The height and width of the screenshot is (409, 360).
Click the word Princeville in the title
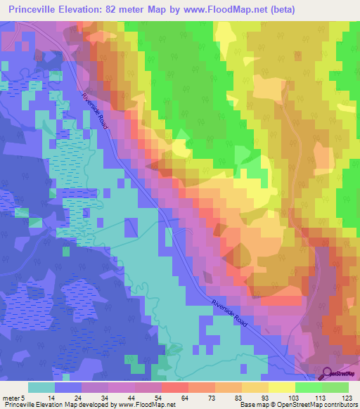pyautogui.click(x=36, y=9)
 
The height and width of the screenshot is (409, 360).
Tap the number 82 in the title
pyautogui.click(x=120, y=9)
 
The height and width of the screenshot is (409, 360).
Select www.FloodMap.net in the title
pyautogui.click(x=226, y=9)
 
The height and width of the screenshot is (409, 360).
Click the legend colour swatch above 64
pyautogui.click(x=174, y=387)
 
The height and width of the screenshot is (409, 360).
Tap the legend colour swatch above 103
pyautogui.click(x=281, y=387)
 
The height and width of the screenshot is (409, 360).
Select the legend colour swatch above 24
pyautogui.click(x=68, y=387)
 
